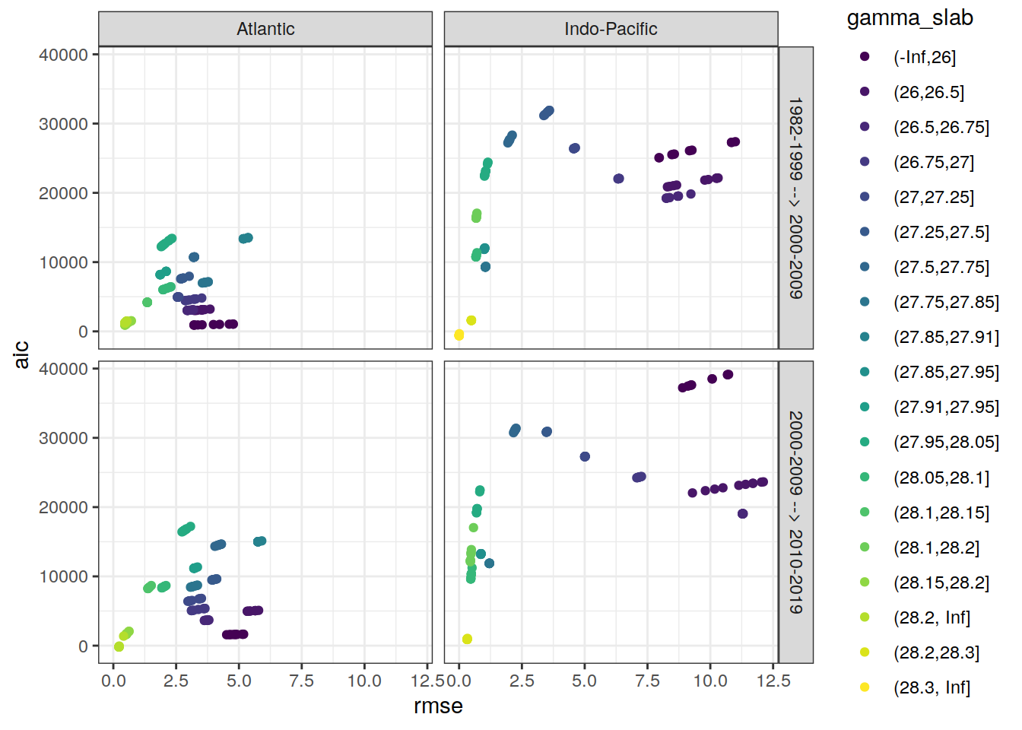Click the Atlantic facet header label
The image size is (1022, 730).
265,29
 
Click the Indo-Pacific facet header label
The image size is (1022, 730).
611,29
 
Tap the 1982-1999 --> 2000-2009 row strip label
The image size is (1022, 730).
795,198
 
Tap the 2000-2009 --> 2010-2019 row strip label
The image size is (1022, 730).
795,512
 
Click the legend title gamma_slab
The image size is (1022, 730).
909,18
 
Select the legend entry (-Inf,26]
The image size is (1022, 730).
924,57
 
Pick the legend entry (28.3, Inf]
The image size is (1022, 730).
932,687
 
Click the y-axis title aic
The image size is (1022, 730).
21,354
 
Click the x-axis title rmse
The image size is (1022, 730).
438,706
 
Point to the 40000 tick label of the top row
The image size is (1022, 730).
63,55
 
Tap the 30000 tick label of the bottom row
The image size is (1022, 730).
63,438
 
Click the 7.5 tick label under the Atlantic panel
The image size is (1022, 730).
301,681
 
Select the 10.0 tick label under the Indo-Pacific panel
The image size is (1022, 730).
709,681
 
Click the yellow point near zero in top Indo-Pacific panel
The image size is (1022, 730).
459,335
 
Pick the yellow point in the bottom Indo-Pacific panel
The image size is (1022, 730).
467,639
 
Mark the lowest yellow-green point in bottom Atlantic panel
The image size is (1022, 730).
119,646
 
